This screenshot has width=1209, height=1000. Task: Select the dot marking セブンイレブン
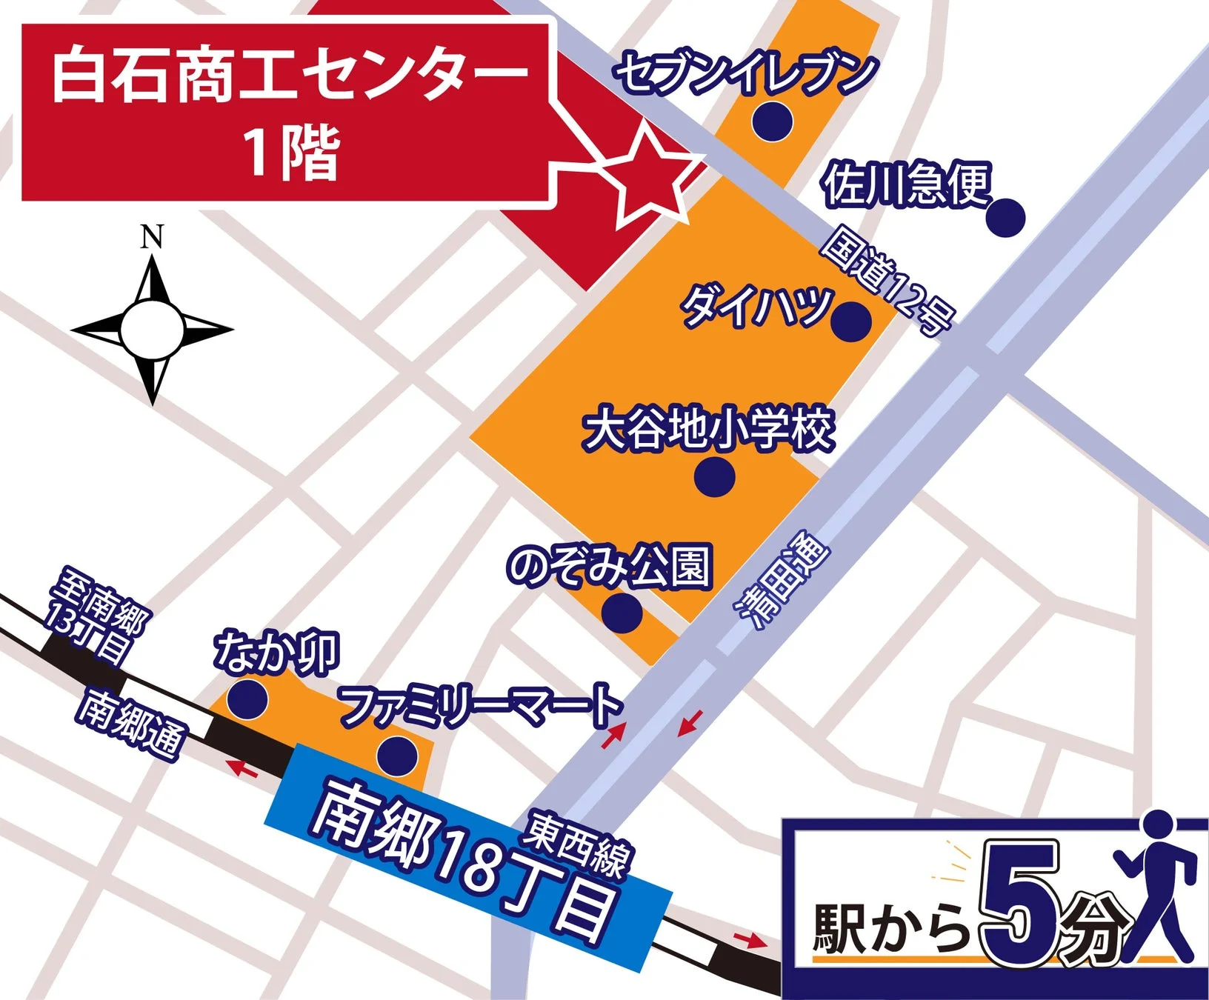773,120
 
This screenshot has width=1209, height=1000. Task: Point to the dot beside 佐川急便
1006,218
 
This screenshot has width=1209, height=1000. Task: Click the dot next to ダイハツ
850,321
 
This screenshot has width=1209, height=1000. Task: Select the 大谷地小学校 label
709,430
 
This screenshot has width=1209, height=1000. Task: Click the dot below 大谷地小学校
715,476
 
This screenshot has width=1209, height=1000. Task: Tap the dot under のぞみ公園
622,613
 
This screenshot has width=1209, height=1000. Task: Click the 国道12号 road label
887,282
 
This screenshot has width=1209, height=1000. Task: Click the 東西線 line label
579,845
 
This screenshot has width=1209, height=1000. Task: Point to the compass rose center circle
152,330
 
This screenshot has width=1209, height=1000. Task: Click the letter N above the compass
152,237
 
